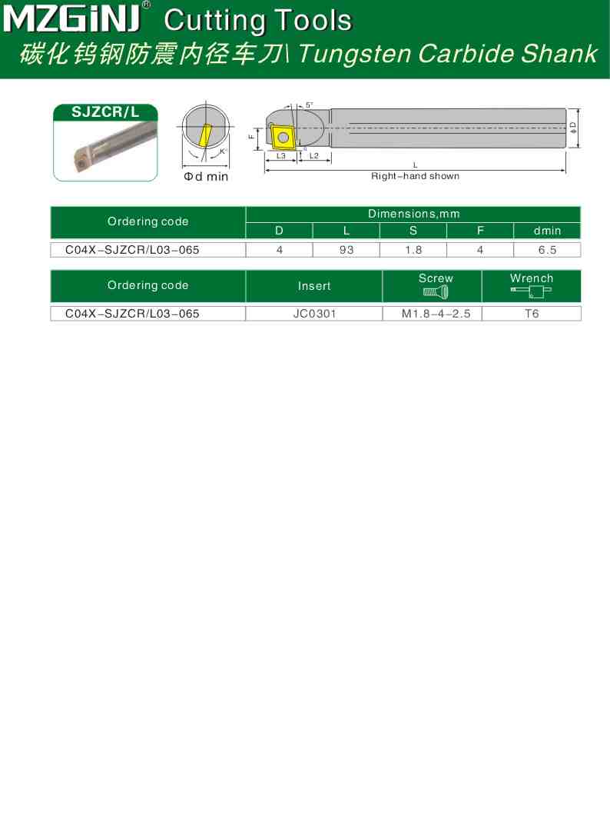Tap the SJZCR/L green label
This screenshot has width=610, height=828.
[x=105, y=112]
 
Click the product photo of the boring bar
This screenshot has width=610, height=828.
[x=105, y=151]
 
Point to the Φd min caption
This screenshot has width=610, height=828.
[x=205, y=177]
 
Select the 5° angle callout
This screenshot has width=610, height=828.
[x=309, y=105]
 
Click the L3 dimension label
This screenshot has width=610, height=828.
[x=281, y=156]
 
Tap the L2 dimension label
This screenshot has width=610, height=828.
[x=313, y=156]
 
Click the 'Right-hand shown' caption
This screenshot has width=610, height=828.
[x=415, y=176]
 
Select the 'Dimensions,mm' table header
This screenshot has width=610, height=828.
[x=413, y=214]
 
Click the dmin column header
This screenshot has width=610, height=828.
[x=547, y=231]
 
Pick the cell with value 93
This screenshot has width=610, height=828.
[x=346, y=250]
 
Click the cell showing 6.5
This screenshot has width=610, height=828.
[x=547, y=250]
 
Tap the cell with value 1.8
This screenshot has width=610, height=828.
[x=413, y=250]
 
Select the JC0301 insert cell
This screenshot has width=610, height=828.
[x=314, y=314]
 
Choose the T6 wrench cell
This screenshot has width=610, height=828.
[x=531, y=314]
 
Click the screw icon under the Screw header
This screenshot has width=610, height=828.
[x=436, y=291]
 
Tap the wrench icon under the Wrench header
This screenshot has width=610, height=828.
[x=531, y=291]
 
